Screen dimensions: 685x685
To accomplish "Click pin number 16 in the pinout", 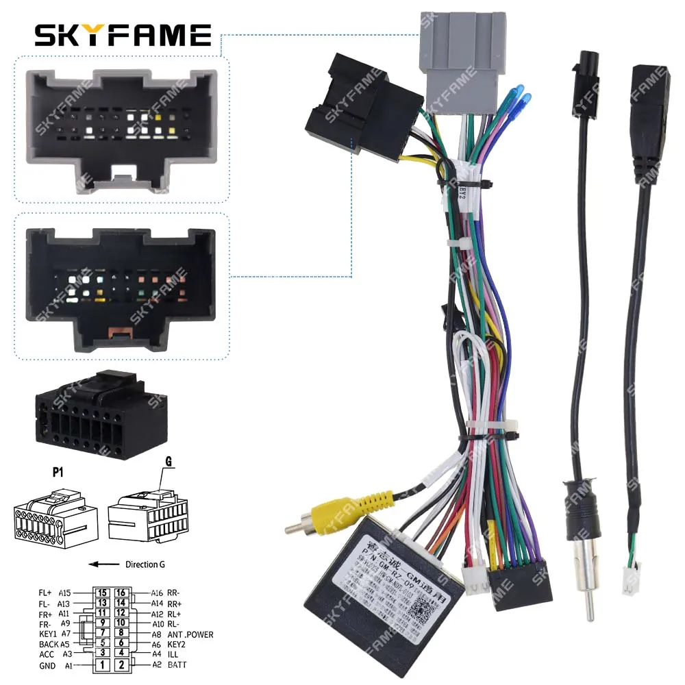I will (x=121, y=593).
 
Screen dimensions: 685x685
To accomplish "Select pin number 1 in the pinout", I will (x=102, y=664).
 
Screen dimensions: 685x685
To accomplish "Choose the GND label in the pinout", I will (x=47, y=665).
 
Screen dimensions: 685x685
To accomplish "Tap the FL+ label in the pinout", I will (x=46, y=593).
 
